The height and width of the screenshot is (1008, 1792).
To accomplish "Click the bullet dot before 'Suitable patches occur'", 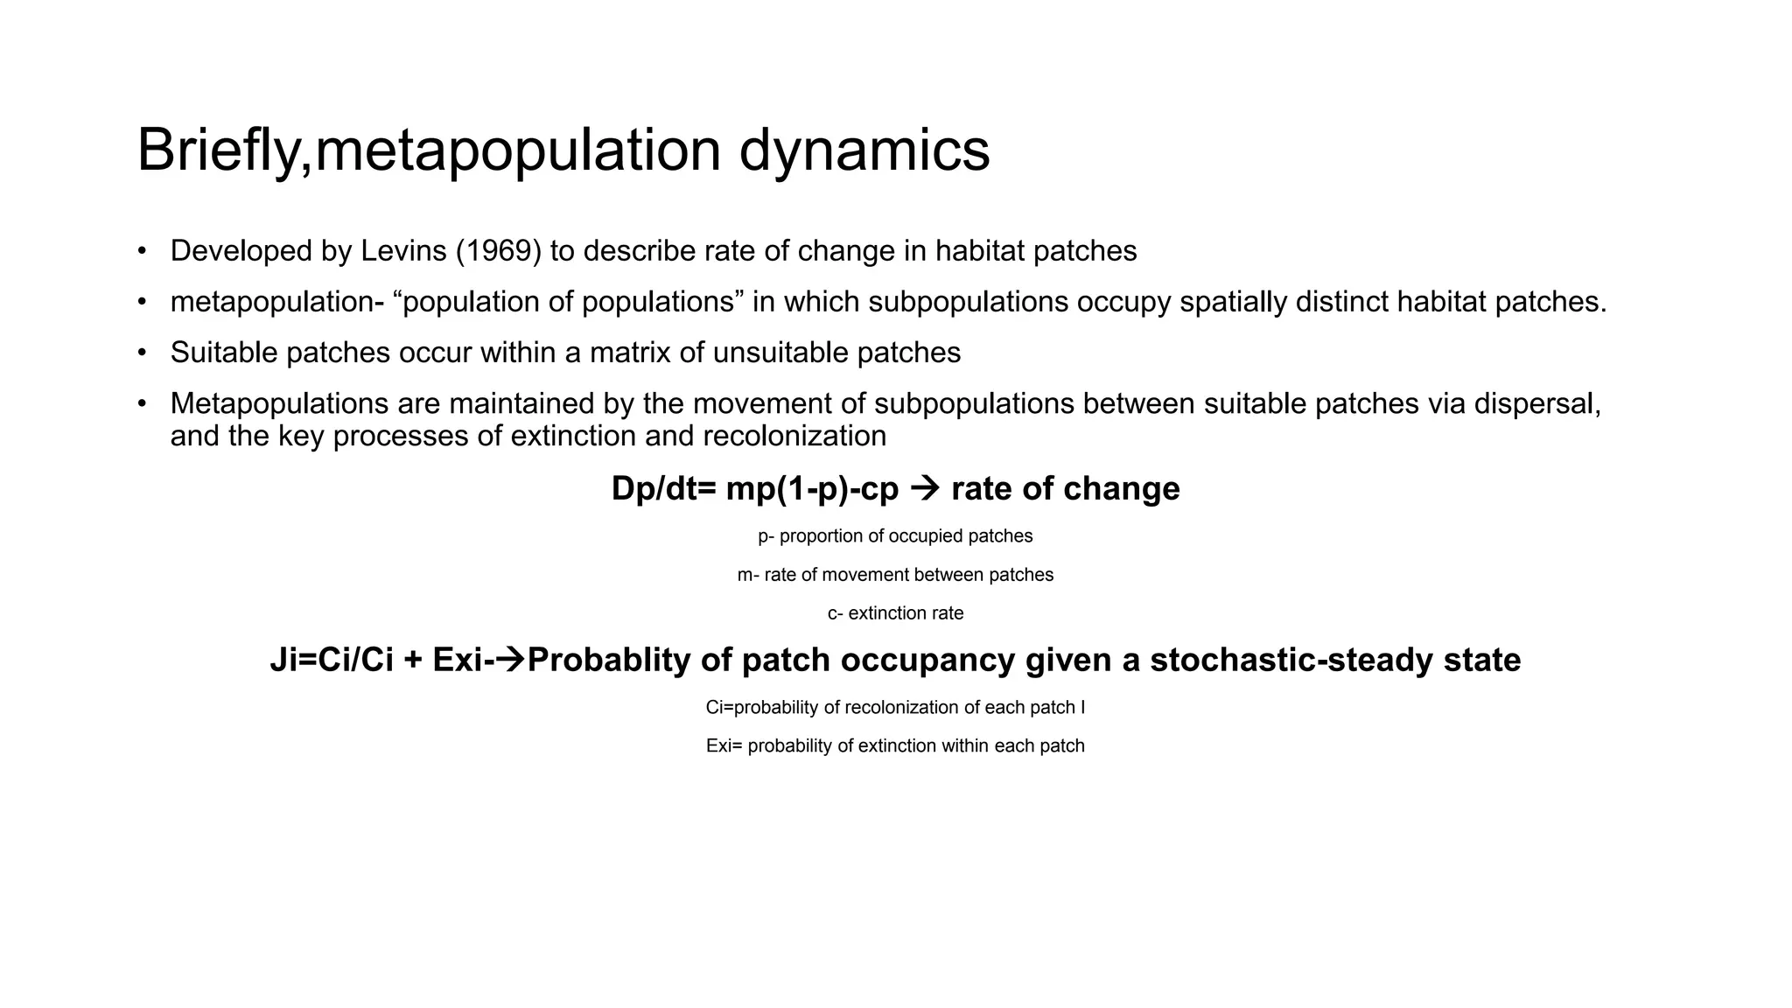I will click(x=142, y=353).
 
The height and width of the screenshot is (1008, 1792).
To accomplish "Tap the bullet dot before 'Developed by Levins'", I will click(x=142, y=251).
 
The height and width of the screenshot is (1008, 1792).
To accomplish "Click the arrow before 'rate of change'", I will click(x=924, y=488).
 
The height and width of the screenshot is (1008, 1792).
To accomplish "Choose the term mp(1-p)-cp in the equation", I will click(x=812, y=488).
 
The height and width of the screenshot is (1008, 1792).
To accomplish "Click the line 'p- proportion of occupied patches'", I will click(x=895, y=535).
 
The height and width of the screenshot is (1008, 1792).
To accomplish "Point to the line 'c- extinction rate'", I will click(x=895, y=613).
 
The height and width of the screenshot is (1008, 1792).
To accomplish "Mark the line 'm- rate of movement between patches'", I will click(x=895, y=575).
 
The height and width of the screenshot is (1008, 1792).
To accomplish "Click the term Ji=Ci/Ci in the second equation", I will click(x=332, y=660).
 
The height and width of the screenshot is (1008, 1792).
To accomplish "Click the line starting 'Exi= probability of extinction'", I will click(x=895, y=746).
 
